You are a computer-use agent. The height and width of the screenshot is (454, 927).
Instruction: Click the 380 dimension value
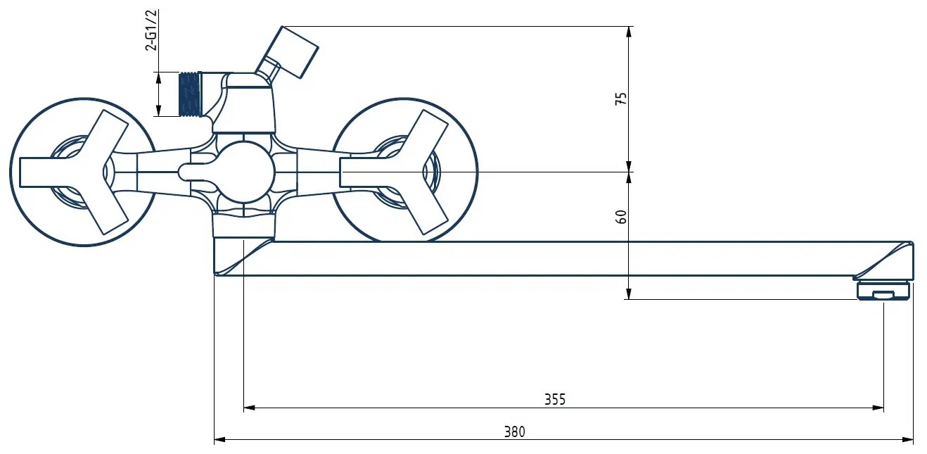click(x=514, y=432)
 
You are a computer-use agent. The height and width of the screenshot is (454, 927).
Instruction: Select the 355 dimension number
click(x=554, y=399)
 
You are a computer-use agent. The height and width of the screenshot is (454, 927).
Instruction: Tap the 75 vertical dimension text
click(x=621, y=99)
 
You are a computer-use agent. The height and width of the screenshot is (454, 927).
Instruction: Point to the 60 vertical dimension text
click(x=621, y=217)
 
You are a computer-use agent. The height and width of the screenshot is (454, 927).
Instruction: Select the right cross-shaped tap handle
click(x=401, y=172)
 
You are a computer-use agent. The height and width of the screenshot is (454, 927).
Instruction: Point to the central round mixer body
click(x=243, y=171)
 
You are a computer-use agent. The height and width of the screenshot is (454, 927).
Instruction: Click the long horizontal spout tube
click(x=563, y=258)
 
